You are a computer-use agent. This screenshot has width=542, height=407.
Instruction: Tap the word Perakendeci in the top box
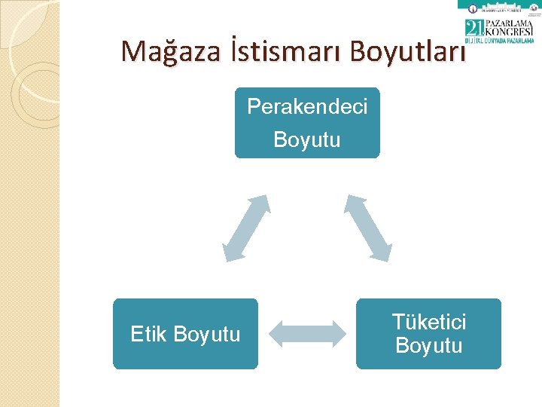(307, 107)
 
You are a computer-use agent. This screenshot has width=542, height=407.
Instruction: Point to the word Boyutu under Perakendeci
(307, 140)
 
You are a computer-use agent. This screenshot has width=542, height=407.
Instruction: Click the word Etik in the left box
(149, 334)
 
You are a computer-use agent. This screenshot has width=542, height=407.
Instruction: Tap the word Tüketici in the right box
(428, 323)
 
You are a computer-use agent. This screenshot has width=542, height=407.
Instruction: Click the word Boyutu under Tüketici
(428, 346)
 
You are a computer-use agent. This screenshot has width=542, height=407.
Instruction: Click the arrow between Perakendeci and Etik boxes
(246, 228)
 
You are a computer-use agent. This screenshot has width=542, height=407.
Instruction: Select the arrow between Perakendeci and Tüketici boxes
(369, 228)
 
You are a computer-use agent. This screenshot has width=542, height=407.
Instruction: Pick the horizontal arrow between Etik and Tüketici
(306, 334)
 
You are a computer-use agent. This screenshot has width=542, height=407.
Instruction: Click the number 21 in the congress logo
(475, 29)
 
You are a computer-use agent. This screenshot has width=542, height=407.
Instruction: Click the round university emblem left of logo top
(473, 9)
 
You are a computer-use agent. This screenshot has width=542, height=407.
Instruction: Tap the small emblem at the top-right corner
(534, 8)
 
